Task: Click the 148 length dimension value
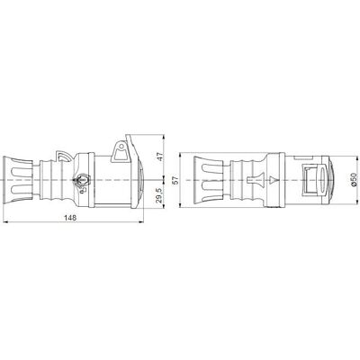tap(70, 218)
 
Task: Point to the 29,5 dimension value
tap(160, 195)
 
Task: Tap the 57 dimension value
tap(176, 180)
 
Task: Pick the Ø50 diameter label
tap(354, 180)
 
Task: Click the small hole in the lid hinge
tap(121, 147)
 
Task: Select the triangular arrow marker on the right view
tap(274, 180)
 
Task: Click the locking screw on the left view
tap(82, 180)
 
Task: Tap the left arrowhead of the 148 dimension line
tap(4, 222)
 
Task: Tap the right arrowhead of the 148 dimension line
tap(142, 222)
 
